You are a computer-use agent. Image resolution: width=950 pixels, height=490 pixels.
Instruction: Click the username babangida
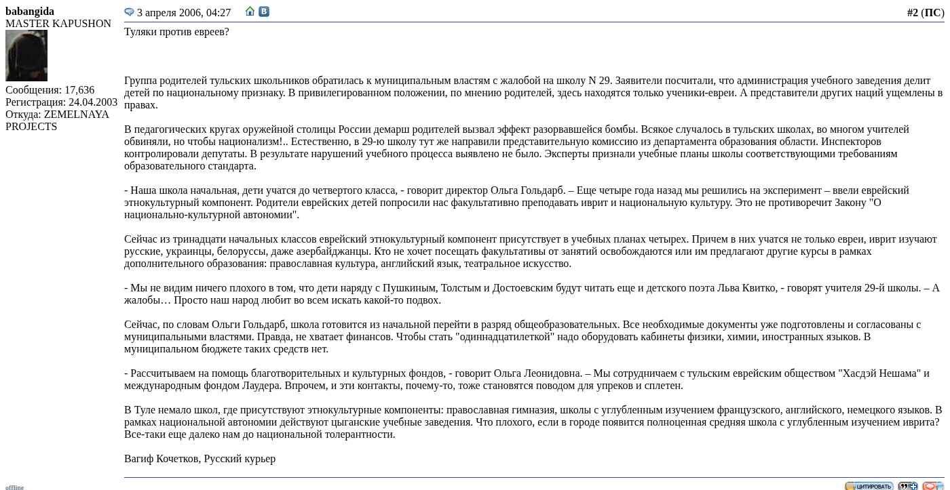(x=30, y=12)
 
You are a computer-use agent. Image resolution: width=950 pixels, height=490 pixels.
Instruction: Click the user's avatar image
(x=26, y=56)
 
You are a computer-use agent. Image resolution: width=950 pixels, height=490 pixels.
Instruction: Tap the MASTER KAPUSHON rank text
(x=58, y=24)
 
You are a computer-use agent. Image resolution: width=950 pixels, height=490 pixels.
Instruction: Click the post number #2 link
(x=912, y=13)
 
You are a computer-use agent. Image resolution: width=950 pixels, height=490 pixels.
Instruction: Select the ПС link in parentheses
(x=932, y=13)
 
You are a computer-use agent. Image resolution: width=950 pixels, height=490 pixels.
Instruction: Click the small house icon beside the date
(x=250, y=12)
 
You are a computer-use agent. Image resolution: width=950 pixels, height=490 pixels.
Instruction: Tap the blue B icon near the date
(x=264, y=12)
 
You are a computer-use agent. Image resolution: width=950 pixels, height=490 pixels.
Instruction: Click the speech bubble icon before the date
(x=129, y=12)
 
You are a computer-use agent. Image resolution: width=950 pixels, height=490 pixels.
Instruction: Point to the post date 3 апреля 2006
(x=184, y=13)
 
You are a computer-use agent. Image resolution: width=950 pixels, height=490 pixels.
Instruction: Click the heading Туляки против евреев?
(x=176, y=32)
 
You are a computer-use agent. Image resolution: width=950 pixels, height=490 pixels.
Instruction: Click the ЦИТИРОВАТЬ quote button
(x=869, y=486)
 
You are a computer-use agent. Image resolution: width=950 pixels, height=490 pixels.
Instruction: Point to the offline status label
(x=14, y=487)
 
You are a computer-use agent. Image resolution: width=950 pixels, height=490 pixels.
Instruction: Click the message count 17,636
(x=79, y=90)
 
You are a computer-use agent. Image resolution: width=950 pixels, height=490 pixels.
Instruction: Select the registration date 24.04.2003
(x=93, y=102)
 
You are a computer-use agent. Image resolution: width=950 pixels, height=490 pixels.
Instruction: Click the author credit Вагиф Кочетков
(x=161, y=459)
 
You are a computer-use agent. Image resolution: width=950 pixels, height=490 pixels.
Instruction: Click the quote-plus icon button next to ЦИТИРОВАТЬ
(x=907, y=486)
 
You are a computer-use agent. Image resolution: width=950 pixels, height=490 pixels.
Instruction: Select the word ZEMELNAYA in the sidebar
(x=77, y=115)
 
